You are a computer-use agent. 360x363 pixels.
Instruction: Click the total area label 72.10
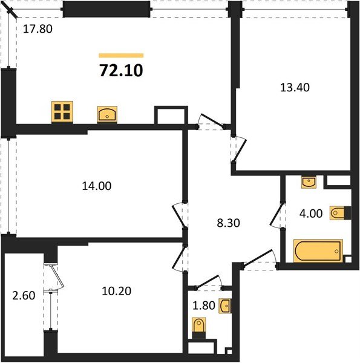click(x=121, y=71)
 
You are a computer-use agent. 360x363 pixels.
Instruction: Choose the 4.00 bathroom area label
click(x=310, y=213)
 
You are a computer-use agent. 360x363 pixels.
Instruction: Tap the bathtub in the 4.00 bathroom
click(x=318, y=250)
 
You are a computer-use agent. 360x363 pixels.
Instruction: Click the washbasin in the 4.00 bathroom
click(x=309, y=181)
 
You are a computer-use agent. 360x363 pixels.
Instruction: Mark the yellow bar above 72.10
click(x=121, y=55)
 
